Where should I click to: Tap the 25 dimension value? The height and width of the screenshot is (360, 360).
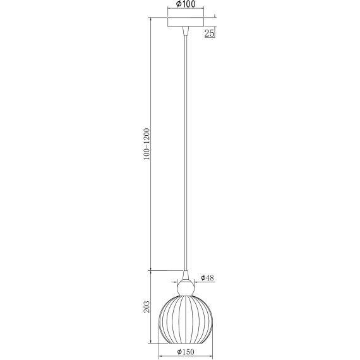pyautogui.click(x=209, y=33)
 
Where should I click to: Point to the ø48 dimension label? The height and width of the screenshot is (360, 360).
pyautogui.click(x=207, y=277)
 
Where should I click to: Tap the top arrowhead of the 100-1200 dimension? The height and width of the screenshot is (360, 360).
pyautogui.click(x=152, y=18)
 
